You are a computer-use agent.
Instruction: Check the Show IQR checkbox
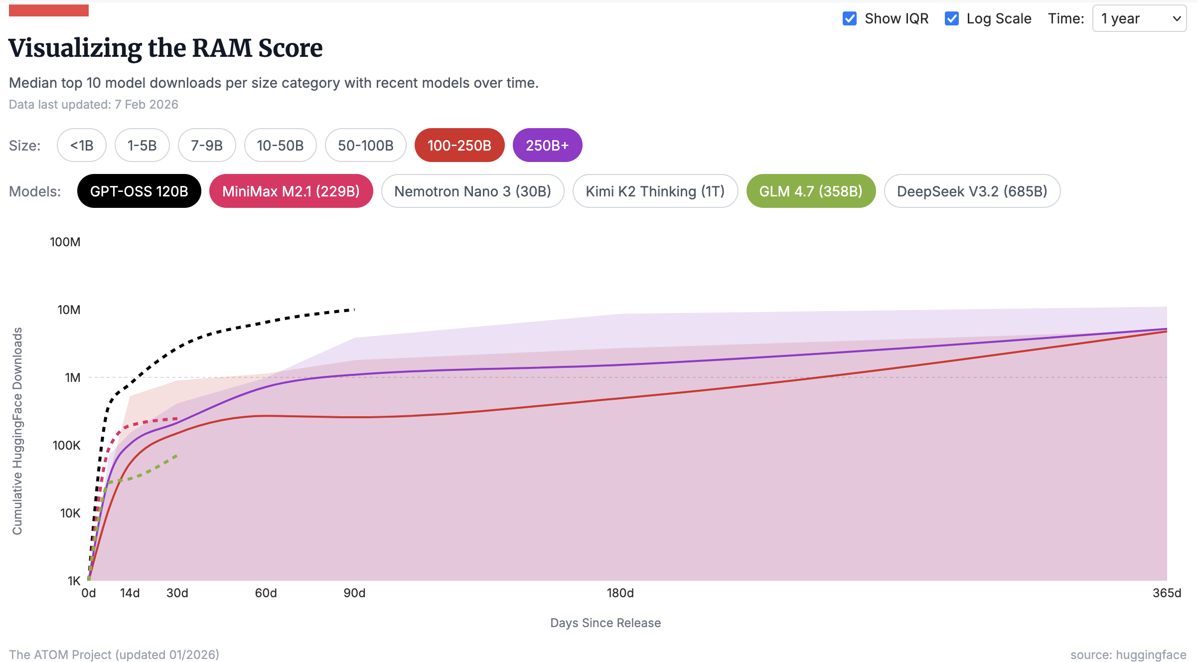[x=850, y=19]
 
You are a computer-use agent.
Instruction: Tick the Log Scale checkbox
[x=951, y=19]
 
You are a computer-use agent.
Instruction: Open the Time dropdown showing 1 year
[x=1139, y=19]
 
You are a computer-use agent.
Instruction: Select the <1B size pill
[x=82, y=146]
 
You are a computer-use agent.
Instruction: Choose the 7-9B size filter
[x=207, y=146]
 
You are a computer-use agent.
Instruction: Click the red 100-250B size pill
[x=459, y=146]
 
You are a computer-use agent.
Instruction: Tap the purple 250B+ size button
[x=547, y=146]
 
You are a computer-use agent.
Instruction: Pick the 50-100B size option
[x=365, y=146]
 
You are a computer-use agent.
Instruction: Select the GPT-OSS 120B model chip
[x=139, y=191]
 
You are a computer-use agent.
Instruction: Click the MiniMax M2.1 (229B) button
[x=291, y=191]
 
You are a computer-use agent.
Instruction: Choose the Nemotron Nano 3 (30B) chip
[x=472, y=191]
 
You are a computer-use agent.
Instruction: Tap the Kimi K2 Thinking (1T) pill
[x=655, y=191]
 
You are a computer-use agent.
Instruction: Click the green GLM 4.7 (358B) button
[x=811, y=191]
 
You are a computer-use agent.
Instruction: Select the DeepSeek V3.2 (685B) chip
[x=972, y=191]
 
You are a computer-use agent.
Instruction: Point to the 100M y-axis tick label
[x=65, y=242]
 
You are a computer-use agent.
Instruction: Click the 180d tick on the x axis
[x=620, y=593]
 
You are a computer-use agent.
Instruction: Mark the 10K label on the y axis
[x=70, y=513]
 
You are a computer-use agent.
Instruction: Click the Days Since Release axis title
[x=605, y=623]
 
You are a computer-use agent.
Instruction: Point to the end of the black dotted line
[x=354, y=310]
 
